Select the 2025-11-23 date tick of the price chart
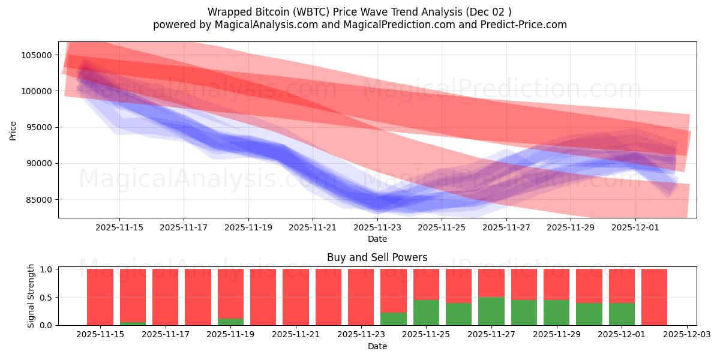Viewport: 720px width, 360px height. [377, 227]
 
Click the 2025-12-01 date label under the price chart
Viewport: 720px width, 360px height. [635, 227]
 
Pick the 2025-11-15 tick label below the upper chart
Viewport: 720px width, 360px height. [119, 227]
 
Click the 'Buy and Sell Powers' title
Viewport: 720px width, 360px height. [377, 257]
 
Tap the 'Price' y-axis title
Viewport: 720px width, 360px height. [13, 130]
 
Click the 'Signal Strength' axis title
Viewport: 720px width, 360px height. [31, 296]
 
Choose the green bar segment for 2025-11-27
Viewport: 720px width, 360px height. [491, 311]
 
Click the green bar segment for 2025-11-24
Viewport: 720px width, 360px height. [394, 319]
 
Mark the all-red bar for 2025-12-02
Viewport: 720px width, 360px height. [654, 297]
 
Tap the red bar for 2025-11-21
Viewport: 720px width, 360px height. [296, 297]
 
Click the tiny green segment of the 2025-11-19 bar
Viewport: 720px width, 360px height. [230, 322]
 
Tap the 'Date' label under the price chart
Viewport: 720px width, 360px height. [377, 239]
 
